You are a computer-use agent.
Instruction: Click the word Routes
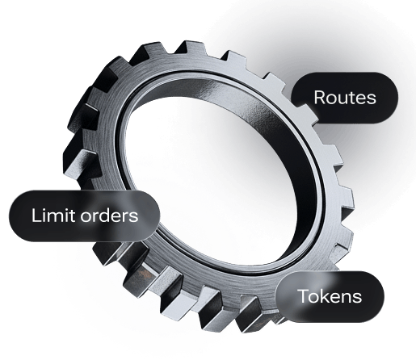[x=345, y=98]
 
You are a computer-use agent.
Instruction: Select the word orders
[x=109, y=215]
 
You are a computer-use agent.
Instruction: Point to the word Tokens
[x=330, y=296]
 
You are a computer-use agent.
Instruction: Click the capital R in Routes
[x=320, y=98]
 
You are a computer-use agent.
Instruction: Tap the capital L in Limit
[x=36, y=215]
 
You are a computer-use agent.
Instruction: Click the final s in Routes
[x=371, y=99]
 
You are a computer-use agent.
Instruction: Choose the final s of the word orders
[x=134, y=217]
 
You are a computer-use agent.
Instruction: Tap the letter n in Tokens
[x=349, y=297]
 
